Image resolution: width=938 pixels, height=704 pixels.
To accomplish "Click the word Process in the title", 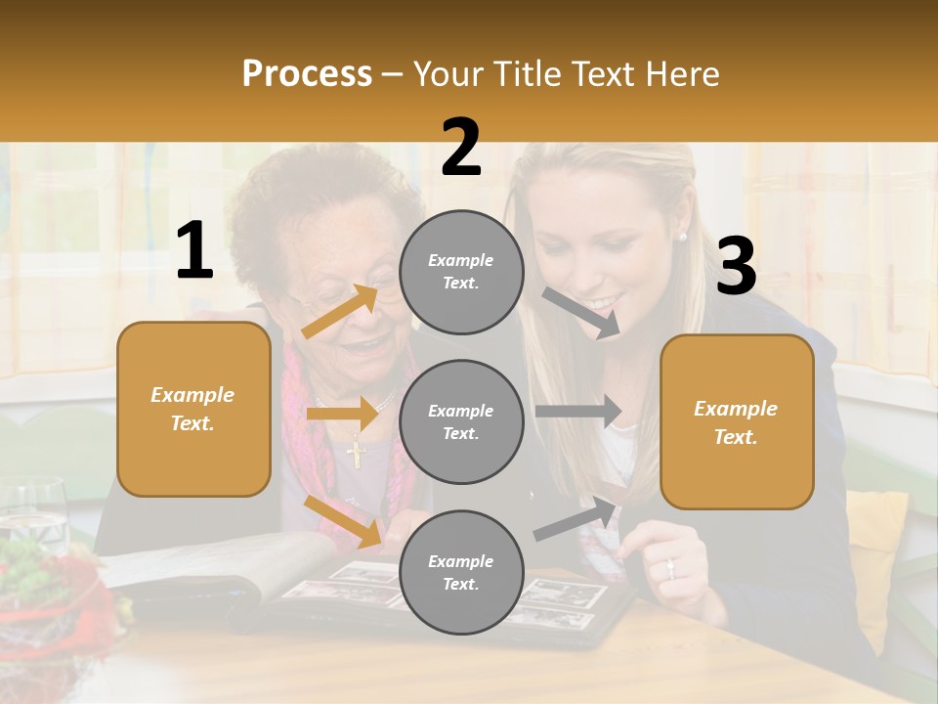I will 307,73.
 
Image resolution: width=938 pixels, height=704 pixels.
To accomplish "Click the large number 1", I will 194,251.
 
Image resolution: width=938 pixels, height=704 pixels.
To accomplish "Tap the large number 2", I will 461,148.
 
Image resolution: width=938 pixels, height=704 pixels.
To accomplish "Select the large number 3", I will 736,266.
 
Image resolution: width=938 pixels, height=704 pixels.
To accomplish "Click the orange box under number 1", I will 193,409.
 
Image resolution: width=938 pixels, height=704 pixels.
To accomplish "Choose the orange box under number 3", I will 737,421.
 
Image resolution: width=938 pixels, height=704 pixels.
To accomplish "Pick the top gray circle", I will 461,272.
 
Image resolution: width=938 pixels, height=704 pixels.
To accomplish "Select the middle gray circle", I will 461,421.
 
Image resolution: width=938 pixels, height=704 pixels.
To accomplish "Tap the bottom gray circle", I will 461,572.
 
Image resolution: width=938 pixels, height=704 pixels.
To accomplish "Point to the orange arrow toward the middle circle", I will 342,414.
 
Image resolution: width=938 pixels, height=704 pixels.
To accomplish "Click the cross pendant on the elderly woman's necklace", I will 356,453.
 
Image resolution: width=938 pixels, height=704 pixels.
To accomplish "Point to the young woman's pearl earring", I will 682,236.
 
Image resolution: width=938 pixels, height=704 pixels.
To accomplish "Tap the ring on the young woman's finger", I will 670,568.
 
